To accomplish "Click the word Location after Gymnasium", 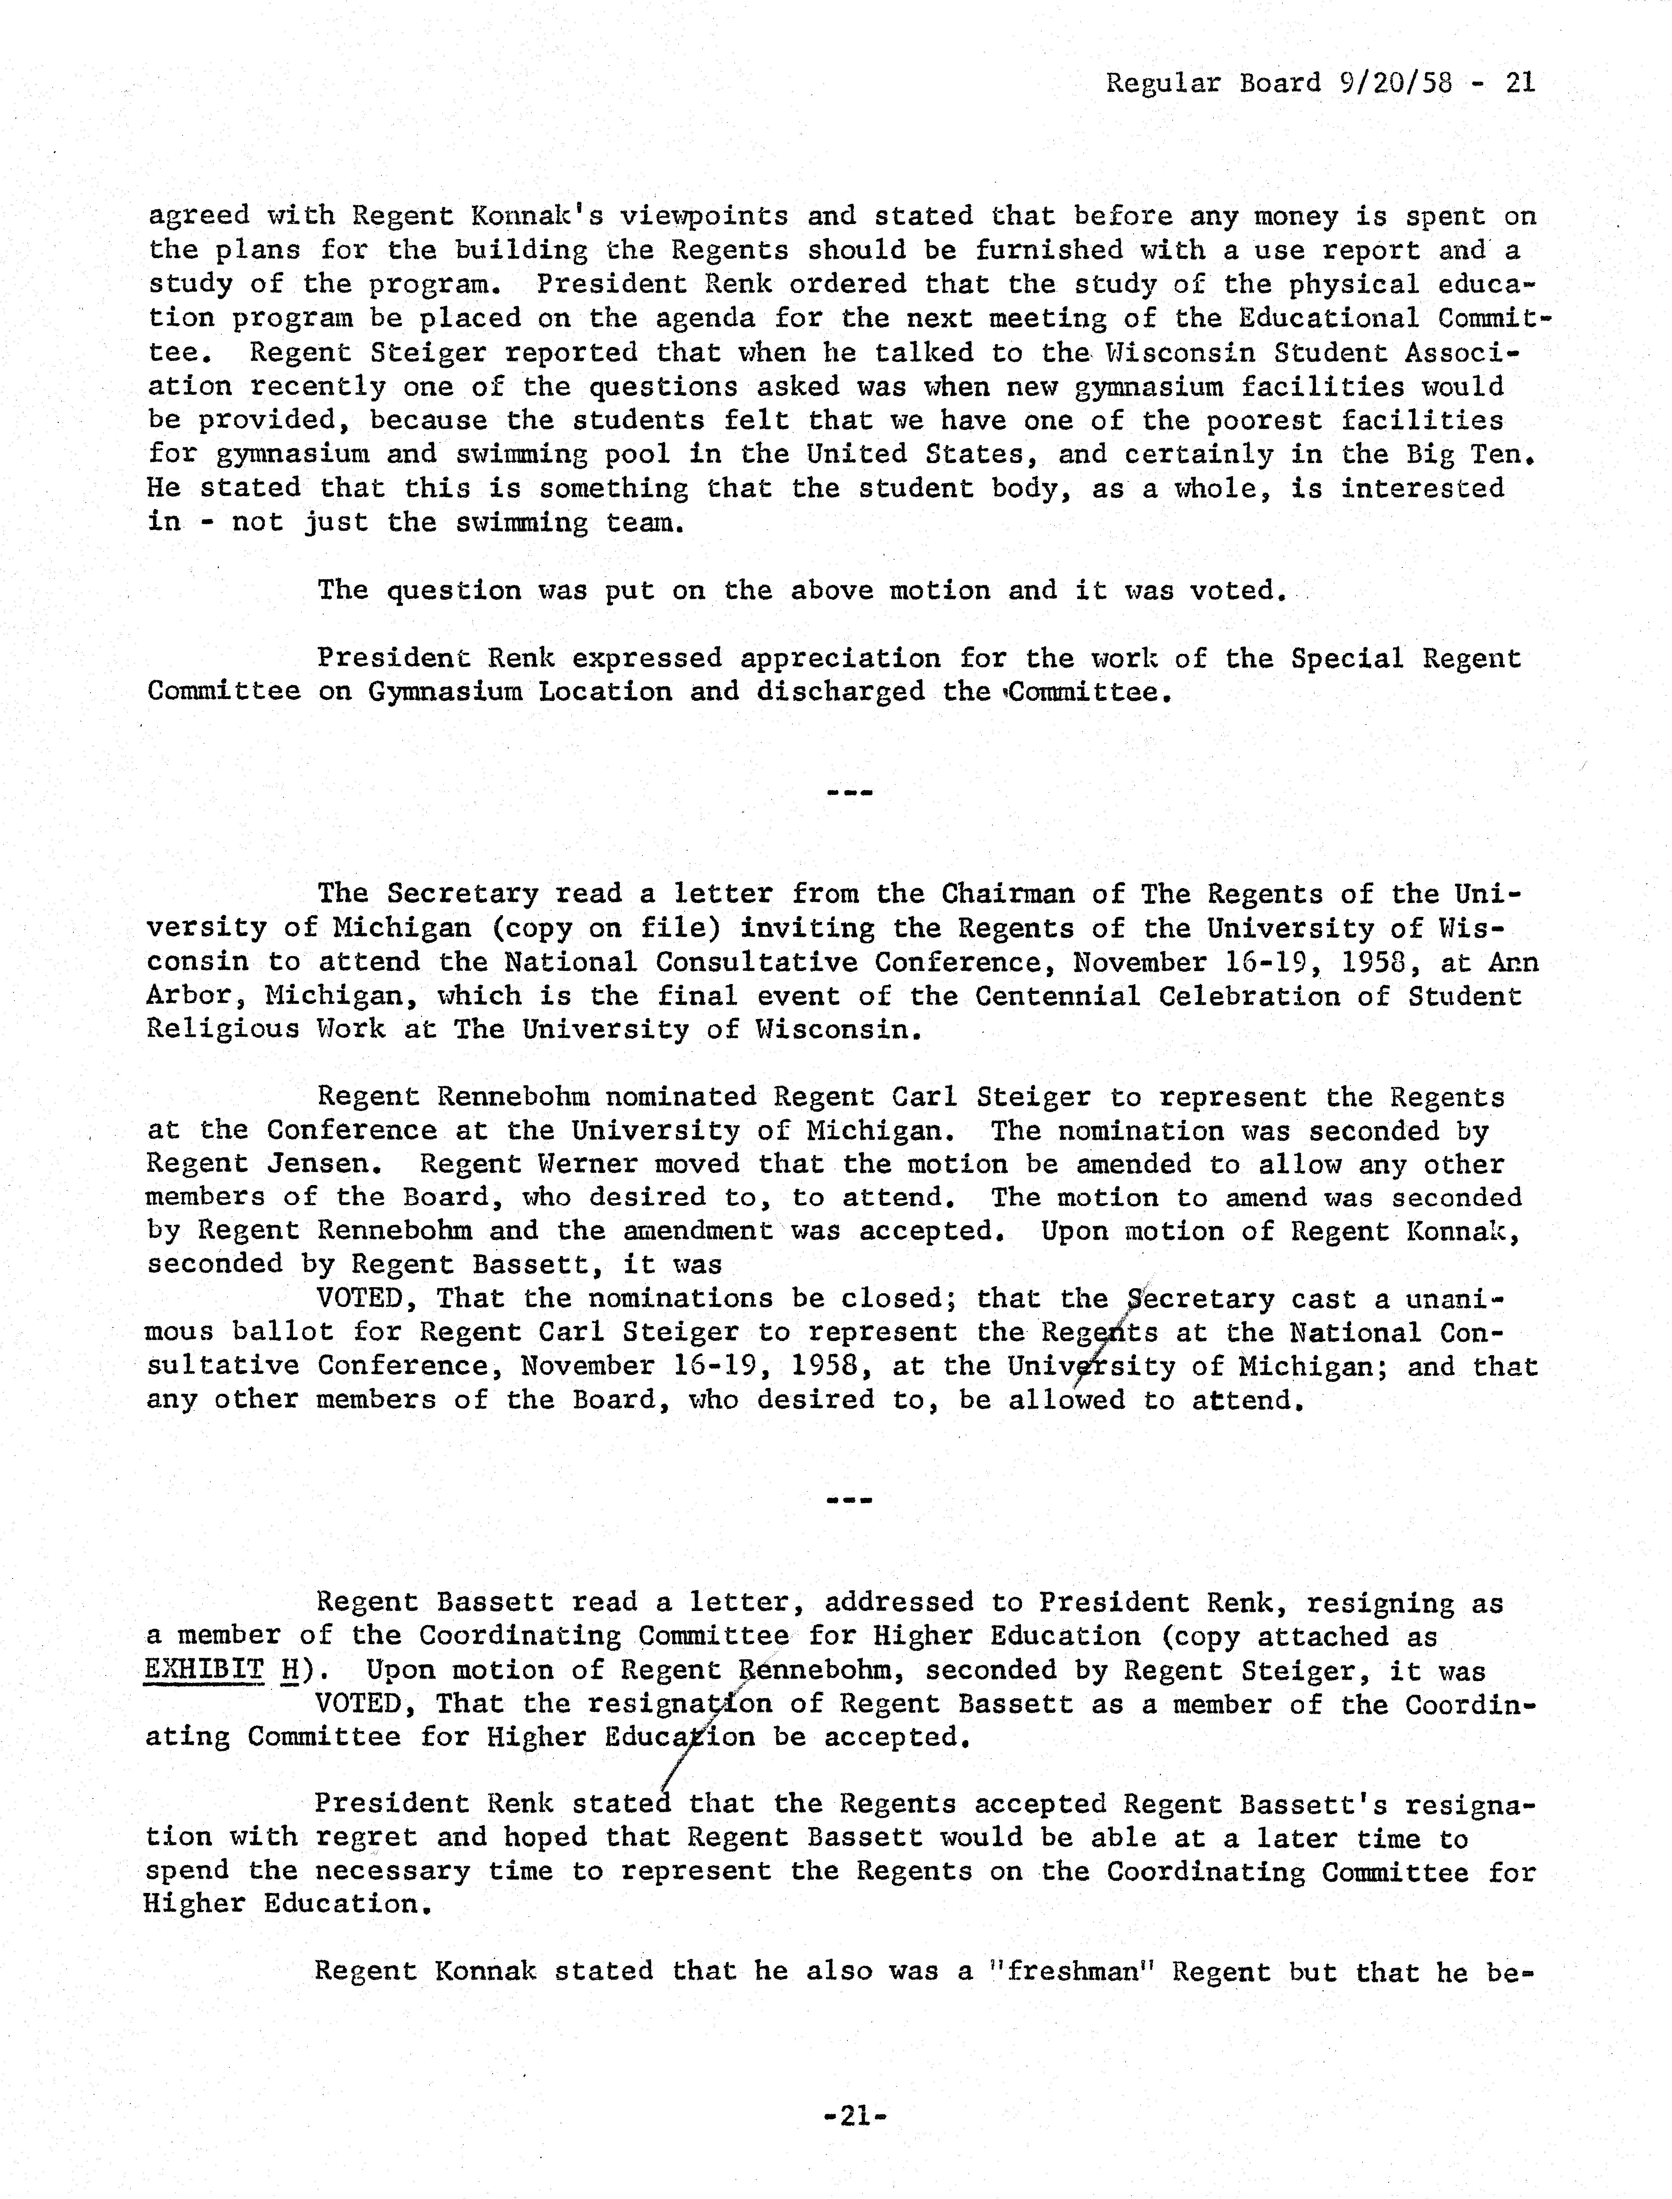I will point(605,691).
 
